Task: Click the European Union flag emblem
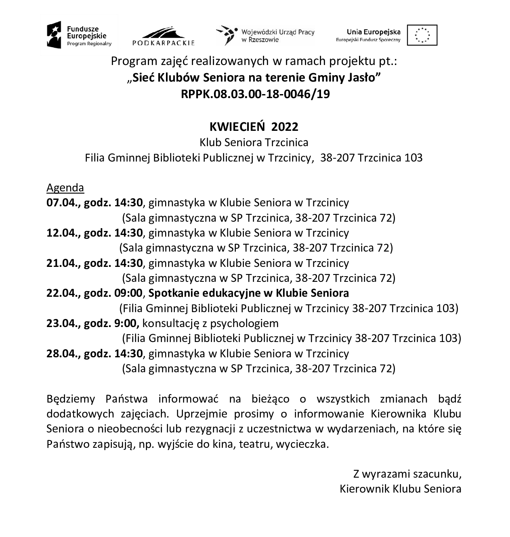(x=422, y=35)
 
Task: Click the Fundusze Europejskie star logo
(x=54, y=35)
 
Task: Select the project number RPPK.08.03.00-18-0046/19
(x=255, y=94)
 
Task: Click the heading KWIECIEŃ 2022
(x=254, y=127)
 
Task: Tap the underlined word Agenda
(x=65, y=188)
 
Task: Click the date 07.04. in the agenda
(x=62, y=203)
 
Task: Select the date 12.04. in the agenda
(x=62, y=233)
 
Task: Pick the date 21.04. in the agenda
(x=62, y=263)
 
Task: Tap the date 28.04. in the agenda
(x=62, y=354)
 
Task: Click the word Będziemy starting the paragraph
(x=71, y=399)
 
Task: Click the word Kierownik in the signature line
(x=365, y=489)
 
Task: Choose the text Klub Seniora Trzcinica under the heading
(x=254, y=143)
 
